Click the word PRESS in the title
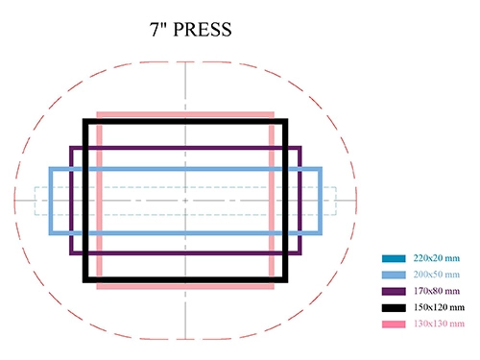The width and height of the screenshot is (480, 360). point(203,30)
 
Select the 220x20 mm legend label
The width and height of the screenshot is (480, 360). point(437,258)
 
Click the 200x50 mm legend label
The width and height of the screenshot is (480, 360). point(437,275)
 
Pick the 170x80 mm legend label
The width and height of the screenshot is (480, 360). point(437,291)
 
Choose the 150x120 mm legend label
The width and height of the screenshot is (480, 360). point(439,307)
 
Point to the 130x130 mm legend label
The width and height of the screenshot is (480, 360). point(439,324)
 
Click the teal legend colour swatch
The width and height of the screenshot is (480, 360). point(394,258)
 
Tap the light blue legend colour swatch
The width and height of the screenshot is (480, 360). point(394,275)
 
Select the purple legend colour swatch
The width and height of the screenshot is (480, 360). point(394,291)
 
